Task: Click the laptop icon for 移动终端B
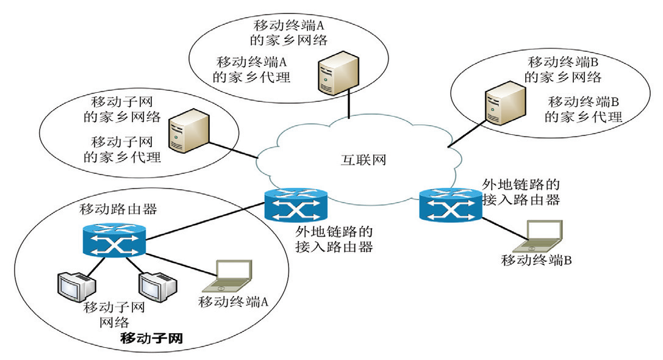pyautogui.click(x=539, y=237)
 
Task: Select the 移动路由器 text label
pyautogui.click(x=119, y=209)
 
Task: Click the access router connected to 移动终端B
pyautogui.click(x=450, y=206)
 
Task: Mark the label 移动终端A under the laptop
pyautogui.click(x=234, y=301)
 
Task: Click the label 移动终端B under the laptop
pyautogui.click(x=536, y=261)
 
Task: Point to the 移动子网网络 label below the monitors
pyautogui.click(x=114, y=314)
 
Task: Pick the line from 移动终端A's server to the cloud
pyautogui.click(x=348, y=103)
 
